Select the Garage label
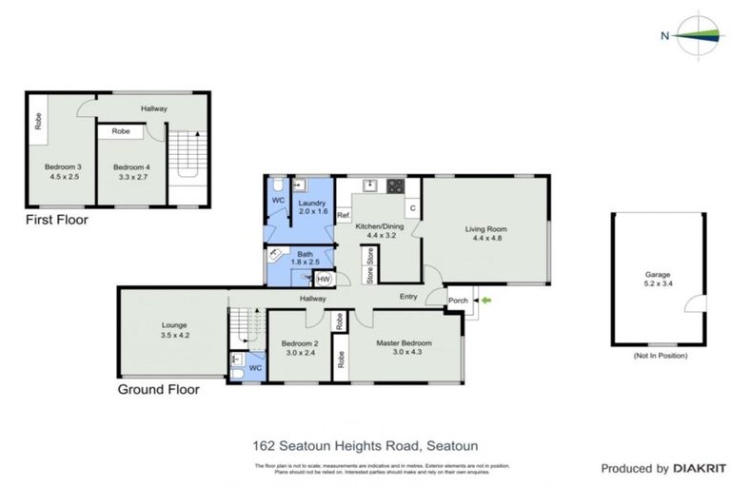(658, 274)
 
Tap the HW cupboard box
(324, 279)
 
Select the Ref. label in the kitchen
(343, 216)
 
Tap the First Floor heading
(56, 220)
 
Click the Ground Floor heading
(158, 389)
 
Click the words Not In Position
(659, 355)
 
